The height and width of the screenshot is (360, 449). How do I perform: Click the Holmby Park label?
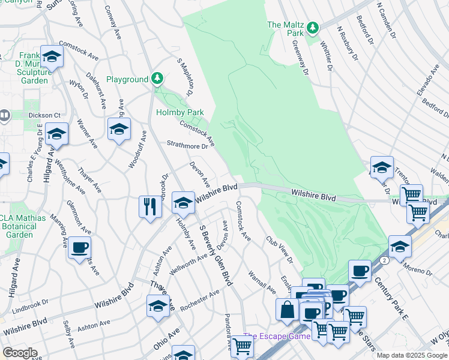click(x=180, y=112)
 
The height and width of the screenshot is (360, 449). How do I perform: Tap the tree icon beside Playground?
click(x=157, y=78)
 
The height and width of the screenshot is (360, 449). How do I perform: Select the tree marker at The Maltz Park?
click(x=312, y=28)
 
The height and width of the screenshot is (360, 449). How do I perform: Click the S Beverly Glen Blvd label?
click(x=216, y=253)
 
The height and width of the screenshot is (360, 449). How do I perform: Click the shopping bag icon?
click(x=288, y=309)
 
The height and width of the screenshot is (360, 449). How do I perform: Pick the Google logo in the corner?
click(x=20, y=353)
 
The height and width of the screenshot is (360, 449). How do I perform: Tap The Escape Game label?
click(x=277, y=336)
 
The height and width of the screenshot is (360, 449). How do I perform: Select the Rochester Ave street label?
click(x=199, y=299)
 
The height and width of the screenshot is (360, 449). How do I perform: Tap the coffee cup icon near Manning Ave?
click(x=79, y=247)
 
